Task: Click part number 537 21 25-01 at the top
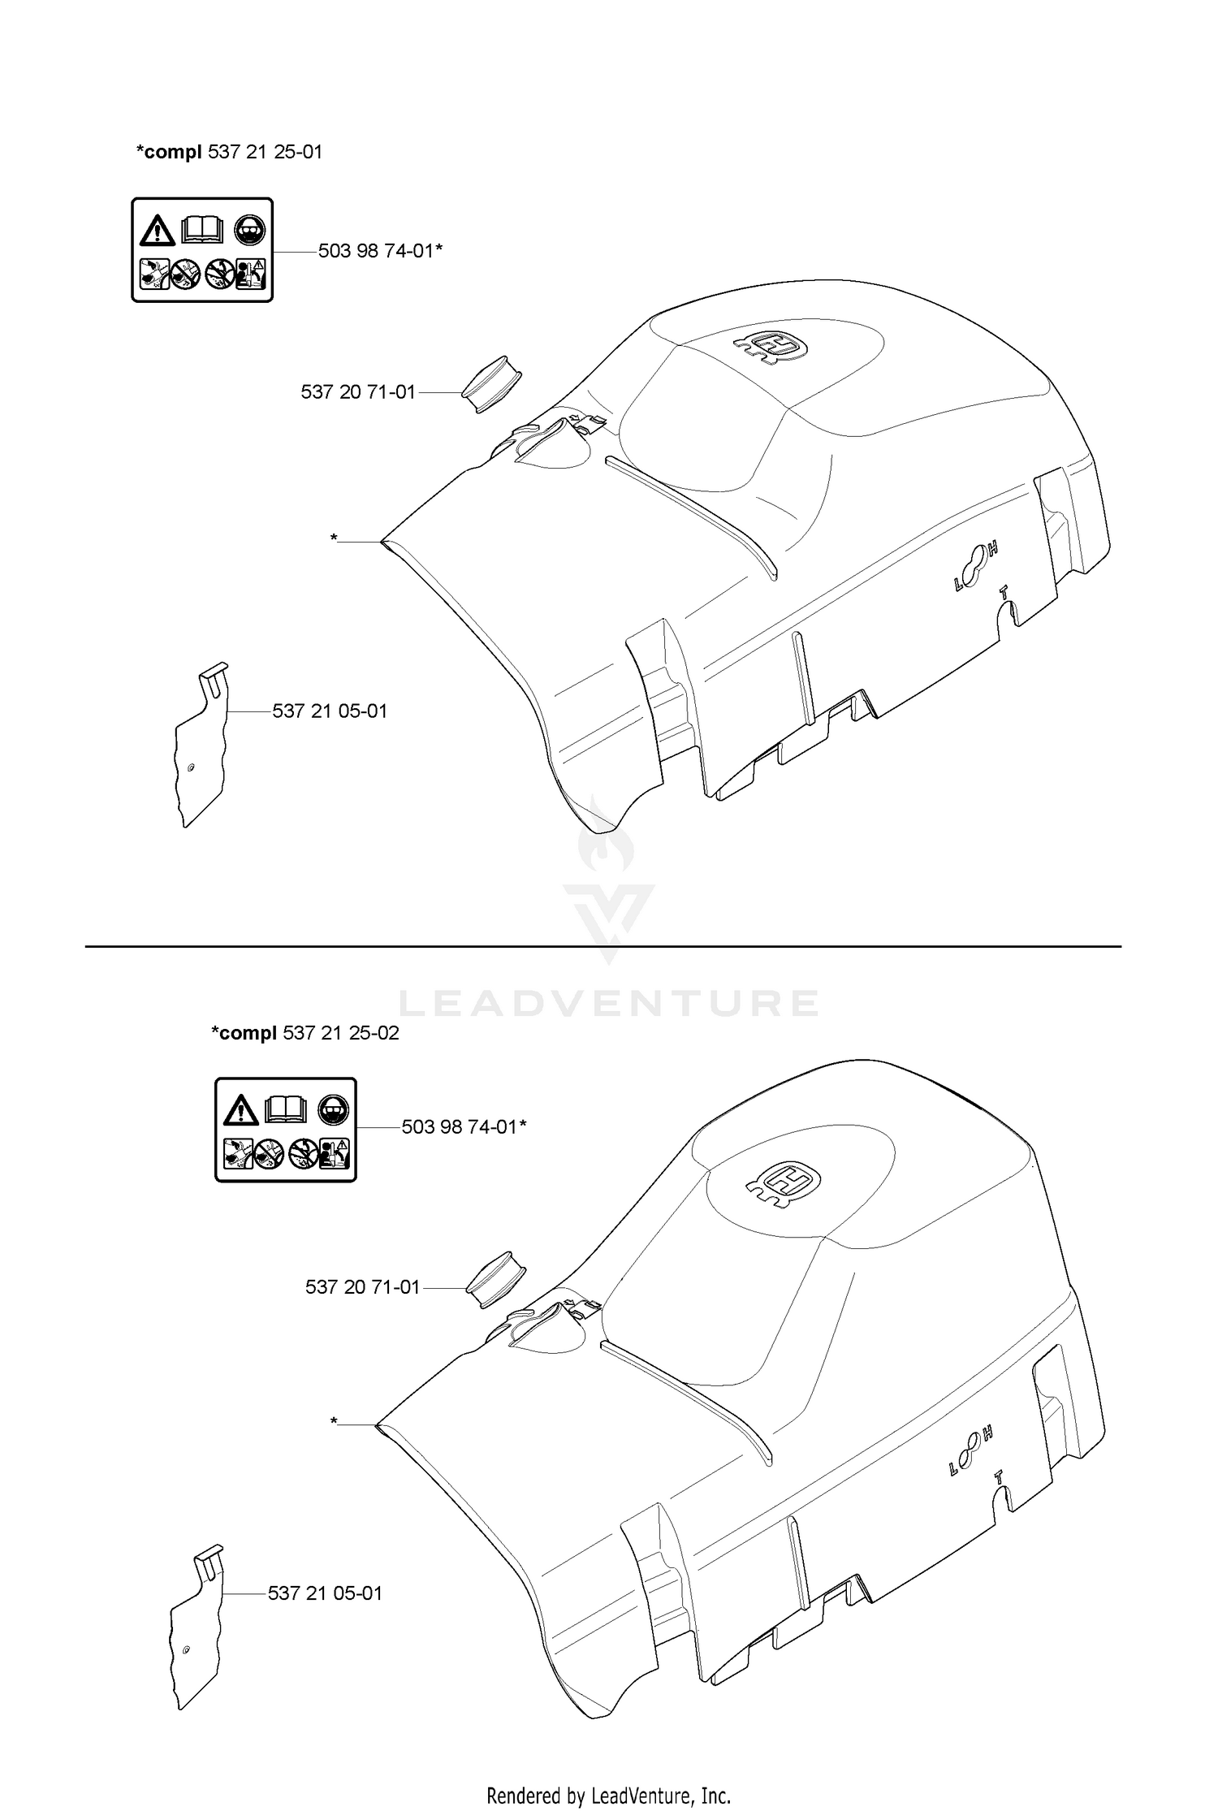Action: click(266, 152)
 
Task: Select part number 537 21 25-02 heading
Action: click(341, 1033)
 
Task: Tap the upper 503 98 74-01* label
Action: click(380, 251)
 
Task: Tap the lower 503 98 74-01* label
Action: click(464, 1127)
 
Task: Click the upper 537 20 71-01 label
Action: click(358, 392)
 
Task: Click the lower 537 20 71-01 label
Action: click(363, 1287)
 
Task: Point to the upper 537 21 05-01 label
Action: click(330, 711)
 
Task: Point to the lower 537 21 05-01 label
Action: click(325, 1593)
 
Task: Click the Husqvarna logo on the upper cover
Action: click(771, 347)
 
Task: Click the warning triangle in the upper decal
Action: click(158, 231)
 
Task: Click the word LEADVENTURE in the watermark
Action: click(609, 1003)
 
